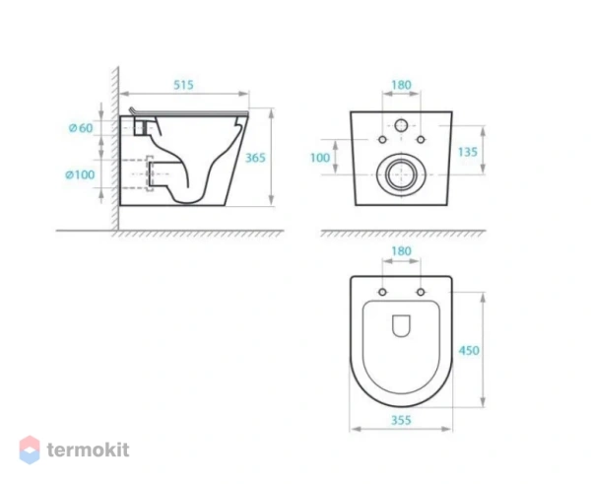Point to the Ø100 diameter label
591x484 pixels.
point(82,174)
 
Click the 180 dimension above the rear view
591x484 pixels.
point(401,86)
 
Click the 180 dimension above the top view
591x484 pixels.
point(401,252)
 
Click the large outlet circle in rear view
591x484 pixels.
point(400,174)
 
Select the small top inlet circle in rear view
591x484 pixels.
point(401,125)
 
